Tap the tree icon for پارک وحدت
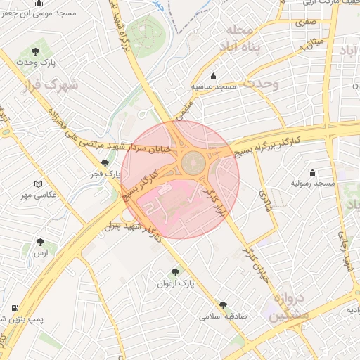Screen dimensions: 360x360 (36, 52)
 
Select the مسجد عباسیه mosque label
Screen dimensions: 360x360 (214, 86)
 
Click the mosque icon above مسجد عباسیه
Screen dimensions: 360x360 (214, 76)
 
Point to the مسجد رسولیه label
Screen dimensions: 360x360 (314, 184)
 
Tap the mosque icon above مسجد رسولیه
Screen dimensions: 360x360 (313, 173)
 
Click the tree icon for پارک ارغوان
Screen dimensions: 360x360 (174, 271)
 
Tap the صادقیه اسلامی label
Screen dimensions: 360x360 (224, 317)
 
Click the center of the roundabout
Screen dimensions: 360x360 (194, 164)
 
